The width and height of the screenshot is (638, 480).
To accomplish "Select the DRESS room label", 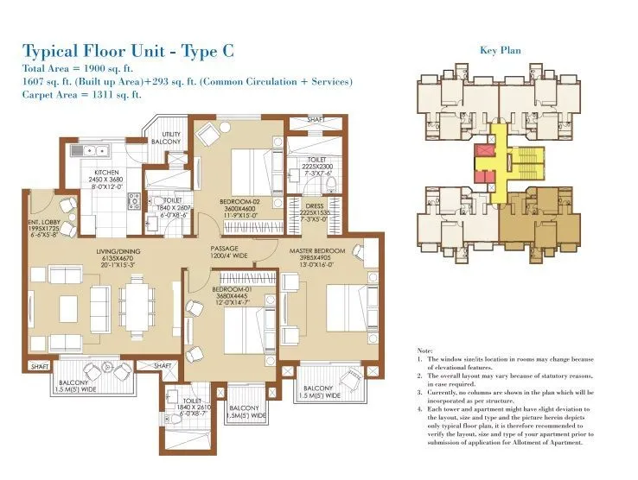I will (313, 205).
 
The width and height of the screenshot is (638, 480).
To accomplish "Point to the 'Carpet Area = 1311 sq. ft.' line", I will (81, 95).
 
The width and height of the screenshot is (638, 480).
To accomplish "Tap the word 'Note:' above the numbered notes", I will (424, 351).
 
